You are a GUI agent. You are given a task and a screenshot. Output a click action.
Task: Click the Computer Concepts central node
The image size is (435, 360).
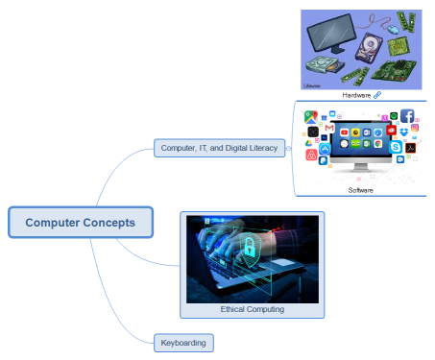tap(80, 223)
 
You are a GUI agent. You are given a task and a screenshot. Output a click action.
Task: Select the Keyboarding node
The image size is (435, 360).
tap(182, 342)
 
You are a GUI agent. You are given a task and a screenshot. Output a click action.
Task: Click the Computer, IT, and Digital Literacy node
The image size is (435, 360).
tap(219, 148)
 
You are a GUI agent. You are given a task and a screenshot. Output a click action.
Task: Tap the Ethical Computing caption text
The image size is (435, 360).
tap(253, 309)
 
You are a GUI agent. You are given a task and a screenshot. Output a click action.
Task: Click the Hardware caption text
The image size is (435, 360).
tap(355, 95)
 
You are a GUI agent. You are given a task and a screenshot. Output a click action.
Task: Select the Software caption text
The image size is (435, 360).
tap(360, 190)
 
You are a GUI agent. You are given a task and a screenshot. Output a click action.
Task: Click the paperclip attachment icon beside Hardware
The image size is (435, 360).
tap(377, 95)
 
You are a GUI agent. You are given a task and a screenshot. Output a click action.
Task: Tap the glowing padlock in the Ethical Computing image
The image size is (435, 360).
tap(247, 249)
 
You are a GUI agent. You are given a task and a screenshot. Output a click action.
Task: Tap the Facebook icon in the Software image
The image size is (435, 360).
tap(407, 116)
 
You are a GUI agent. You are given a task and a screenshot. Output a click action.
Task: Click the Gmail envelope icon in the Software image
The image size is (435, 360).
tap(327, 128)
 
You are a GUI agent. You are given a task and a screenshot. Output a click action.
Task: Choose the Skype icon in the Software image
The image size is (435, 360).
tap(396, 147)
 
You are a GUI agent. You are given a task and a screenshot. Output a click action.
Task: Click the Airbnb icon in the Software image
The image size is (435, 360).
tap(311, 155)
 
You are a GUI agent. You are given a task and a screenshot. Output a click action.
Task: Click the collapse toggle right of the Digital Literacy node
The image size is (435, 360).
tap(288, 148)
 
